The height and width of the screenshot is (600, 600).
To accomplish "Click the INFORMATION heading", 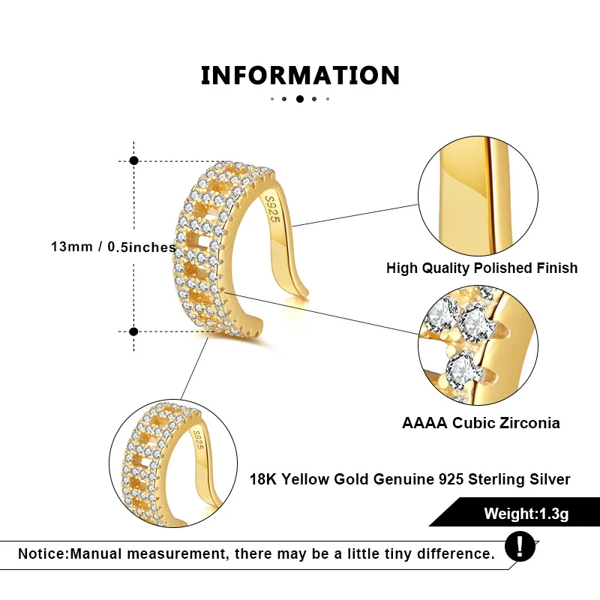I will [x=300, y=76].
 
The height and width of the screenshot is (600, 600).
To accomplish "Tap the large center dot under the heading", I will [x=300, y=99].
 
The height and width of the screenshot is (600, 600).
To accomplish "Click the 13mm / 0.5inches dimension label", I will [x=113, y=247].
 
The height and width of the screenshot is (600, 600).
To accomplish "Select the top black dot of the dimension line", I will [x=134, y=160].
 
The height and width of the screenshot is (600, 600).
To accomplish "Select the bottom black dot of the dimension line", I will [x=134, y=331].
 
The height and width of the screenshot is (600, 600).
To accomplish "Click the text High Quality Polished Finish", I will [x=481, y=268].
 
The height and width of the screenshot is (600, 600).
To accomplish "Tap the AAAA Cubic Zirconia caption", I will [x=481, y=423].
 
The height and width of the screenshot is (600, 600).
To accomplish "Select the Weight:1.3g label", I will [x=526, y=514].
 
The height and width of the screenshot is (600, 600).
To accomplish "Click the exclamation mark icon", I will [x=520, y=545].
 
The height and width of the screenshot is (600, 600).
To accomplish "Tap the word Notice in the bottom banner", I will [x=42, y=554].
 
